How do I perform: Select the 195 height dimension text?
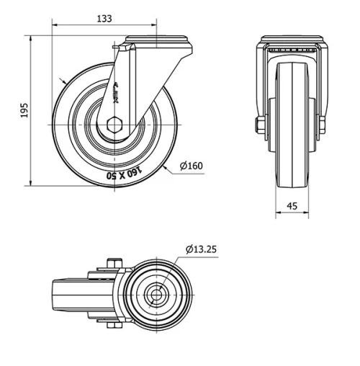(24, 110)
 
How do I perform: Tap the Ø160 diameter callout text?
(191, 166)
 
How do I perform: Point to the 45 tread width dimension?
(292, 205)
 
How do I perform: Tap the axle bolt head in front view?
(258, 127)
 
